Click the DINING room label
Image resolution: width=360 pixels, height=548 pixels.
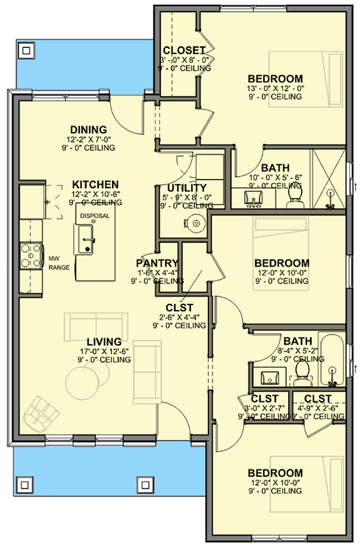coord(88,130)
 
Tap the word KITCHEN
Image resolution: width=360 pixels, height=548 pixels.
coord(95,184)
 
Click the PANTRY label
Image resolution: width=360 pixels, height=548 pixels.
coord(156,263)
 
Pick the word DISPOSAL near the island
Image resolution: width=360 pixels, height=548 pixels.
coord(94,216)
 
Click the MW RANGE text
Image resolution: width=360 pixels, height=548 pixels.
coord(59,263)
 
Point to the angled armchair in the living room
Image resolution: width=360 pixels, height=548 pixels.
coord(41,413)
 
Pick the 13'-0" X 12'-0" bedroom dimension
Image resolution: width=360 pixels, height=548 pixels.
coord(275,88)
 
